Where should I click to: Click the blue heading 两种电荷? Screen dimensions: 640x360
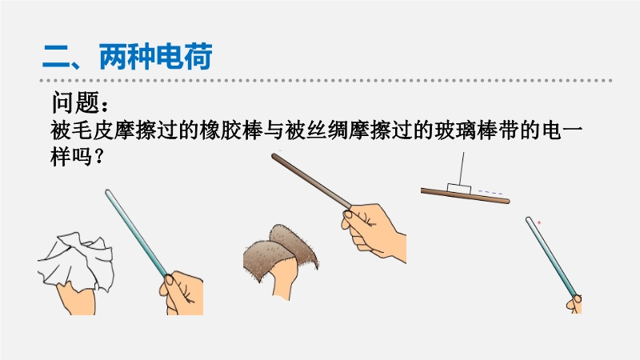coord(155,56)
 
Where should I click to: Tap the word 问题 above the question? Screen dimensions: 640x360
coord(75,102)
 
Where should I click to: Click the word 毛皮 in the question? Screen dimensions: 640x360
coord(93,130)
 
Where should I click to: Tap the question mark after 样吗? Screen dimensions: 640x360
coord(98,157)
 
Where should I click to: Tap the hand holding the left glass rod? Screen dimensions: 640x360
coord(182,292)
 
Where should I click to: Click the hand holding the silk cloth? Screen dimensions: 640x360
coord(75,300)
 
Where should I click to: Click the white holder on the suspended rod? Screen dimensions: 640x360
coord(459,189)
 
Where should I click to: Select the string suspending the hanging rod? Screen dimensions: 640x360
coord(462,168)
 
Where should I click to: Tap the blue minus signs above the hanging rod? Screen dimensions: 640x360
coord(490,192)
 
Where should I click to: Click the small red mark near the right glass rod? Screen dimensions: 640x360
coord(539,222)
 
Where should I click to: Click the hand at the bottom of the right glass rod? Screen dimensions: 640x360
coord(574,305)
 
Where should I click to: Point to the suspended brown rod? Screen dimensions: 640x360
coord(466,195)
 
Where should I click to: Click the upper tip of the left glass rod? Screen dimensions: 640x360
coord(108,191)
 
